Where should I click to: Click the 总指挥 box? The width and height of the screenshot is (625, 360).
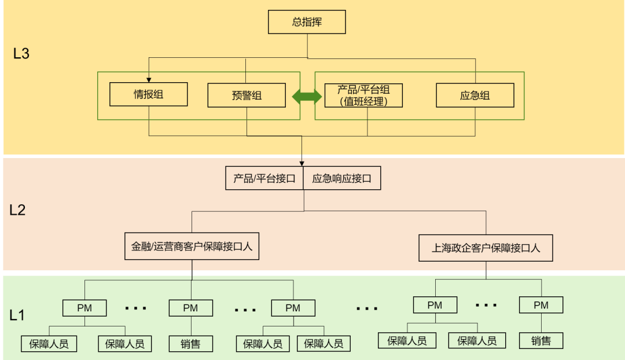[x=307, y=23]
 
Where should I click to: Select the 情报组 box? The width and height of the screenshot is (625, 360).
[x=149, y=94]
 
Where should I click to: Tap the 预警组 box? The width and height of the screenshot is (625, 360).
[x=247, y=95]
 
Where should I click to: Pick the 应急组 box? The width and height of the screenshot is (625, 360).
[x=475, y=95]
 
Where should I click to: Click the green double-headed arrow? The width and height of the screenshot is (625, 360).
[x=307, y=97]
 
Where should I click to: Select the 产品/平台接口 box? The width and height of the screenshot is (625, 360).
[x=264, y=179]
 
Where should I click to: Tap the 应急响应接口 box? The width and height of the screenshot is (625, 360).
[x=341, y=179]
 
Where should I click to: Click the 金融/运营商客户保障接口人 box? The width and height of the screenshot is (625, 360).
[x=192, y=247]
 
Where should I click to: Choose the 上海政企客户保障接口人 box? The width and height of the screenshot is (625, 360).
[x=486, y=248]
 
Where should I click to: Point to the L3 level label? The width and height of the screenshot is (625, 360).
[x=21, y=54]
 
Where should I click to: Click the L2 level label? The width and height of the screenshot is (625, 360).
[x=17, y=210]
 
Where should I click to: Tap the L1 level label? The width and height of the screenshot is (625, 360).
[x=17, y=315]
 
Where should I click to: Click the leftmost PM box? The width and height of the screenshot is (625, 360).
[x=84, y=308]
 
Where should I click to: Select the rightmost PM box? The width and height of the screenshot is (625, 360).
[x=541, y=305]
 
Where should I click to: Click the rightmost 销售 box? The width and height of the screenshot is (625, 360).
[x=541, y=341]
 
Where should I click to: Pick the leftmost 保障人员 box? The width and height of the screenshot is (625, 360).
[x=49, y=344]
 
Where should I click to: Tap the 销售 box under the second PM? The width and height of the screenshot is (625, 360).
[x=190, y=344]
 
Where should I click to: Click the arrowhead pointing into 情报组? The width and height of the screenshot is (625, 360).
[x=149, y=80]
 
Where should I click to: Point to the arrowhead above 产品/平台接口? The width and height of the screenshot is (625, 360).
[x=302, y=163]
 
